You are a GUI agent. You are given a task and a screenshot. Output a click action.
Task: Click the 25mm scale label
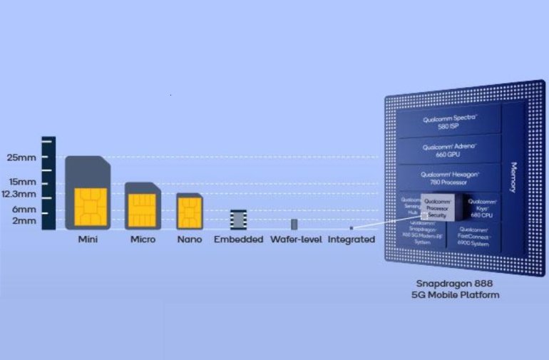point(21,157)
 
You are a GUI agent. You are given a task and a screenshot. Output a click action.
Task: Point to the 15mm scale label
point(21,182)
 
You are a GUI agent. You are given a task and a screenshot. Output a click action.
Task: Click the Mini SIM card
point(88,192)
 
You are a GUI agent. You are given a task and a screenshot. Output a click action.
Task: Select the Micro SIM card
point(143,205)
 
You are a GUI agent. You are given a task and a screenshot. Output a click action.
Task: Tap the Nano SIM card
point(190,211)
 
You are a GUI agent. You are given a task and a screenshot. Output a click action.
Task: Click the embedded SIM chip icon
point(238,218)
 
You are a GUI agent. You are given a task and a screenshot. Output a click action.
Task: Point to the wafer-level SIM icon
point(294,224)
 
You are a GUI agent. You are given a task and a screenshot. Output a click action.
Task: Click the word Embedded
point(238,240)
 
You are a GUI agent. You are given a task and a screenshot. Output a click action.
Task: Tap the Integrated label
point(351,240)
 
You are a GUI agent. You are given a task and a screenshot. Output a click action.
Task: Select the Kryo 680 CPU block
point(479,206)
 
